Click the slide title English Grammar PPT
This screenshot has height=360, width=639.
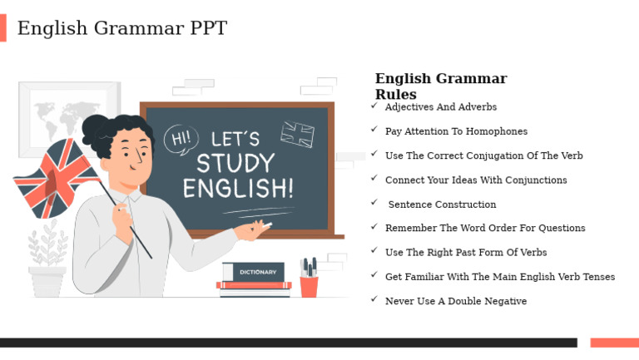[121, 28]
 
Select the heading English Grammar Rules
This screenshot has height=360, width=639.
[440, 86]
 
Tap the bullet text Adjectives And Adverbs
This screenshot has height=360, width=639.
[440, 107]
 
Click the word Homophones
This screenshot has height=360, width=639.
[497, 131]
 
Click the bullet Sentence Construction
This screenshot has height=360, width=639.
[442, 205]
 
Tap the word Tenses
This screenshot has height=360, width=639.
[596, 277]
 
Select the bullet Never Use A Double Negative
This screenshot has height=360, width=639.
[455, 301]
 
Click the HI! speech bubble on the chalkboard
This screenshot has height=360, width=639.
[181, 139]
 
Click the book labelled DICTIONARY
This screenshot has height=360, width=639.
[257, 272]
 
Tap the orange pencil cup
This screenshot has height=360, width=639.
[309, 285]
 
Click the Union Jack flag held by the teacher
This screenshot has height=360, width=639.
[53, 178]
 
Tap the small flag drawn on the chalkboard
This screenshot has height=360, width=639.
[297, 134]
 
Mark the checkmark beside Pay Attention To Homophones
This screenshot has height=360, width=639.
[374, 131]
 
